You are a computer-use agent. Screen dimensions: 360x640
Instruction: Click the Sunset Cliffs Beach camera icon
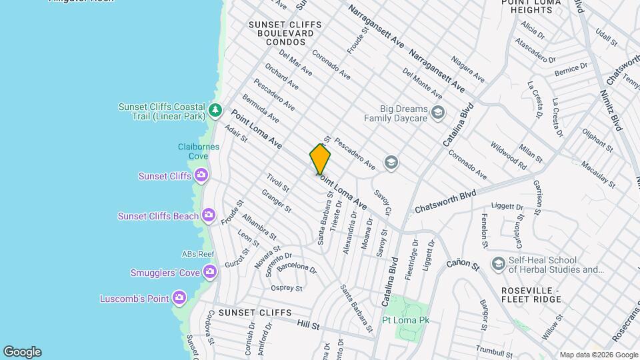(209, 215)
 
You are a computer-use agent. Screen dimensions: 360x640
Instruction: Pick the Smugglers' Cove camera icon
(209, 271)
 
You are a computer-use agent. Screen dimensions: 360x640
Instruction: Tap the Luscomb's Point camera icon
(179, 297)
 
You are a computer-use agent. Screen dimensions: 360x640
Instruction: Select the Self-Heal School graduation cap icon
(497, 264)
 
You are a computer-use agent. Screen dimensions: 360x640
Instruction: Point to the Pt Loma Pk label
(405, 321)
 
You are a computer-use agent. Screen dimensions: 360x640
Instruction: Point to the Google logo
(22, 351)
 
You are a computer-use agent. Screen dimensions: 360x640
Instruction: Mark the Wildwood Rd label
(508, 153)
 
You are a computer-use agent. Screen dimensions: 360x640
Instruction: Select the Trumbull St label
(494, 348)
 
